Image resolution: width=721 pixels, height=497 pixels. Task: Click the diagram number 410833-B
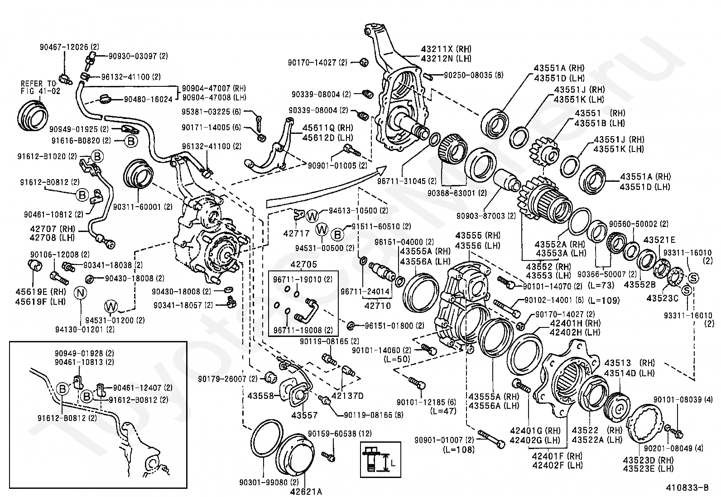coord(687,488)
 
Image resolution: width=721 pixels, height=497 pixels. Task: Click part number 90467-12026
coord(64,47)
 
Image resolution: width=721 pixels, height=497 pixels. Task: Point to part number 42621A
coord(306,491)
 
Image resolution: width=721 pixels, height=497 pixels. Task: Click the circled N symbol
coord(80,293)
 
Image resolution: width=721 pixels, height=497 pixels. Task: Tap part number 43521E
coord(659,240)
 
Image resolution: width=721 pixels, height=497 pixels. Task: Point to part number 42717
coord(296,233)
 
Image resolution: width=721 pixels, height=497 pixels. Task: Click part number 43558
coord(261,396)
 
